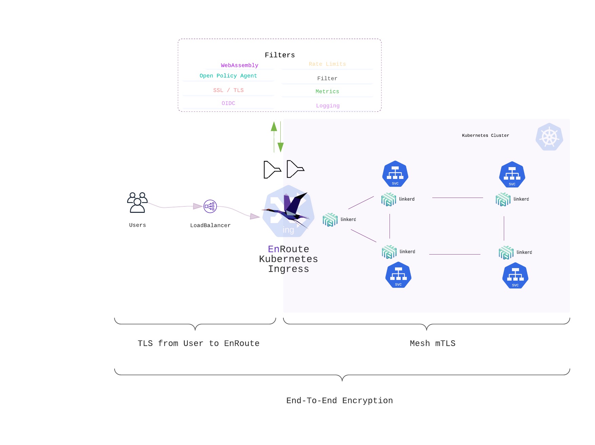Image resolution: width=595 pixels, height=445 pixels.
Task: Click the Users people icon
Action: click(137, 203)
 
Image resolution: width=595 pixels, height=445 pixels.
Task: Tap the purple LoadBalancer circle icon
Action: click(210, 206)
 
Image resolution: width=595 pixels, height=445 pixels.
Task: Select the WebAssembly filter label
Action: click(239, 65)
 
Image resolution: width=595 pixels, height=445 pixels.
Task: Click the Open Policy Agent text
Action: click(228, 76)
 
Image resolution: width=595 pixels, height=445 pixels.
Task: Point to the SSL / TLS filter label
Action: click(228, 90)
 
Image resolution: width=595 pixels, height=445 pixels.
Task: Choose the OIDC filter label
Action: click(228, 103)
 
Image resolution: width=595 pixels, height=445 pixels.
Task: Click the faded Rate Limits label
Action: click(327, 64)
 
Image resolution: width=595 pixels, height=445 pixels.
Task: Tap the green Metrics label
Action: click(327, 92)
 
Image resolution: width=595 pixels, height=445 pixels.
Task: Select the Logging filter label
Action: click(328, 106)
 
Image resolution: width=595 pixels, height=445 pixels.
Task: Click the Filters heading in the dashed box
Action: click(280, 55)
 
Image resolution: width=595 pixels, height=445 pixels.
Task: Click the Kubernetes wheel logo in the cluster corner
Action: click(549, 137)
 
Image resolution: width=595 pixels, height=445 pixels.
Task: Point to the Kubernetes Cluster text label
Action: click(485, 136)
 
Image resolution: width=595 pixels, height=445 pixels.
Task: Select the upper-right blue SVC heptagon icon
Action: click(512, 175)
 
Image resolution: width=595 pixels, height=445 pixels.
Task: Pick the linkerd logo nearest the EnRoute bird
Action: click(330, 220)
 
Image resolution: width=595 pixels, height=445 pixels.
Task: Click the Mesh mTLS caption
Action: click(432, 343)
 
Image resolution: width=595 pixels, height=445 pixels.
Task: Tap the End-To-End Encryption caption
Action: click(339, 401)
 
